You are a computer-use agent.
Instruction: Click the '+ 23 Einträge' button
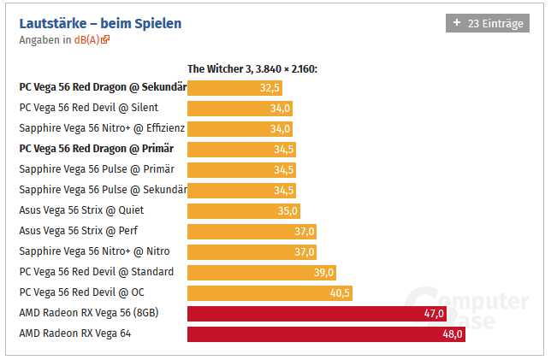click(487, 24)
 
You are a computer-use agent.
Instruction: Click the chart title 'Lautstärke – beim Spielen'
click(100, 23)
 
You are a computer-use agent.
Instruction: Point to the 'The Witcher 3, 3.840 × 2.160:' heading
click(252, 69)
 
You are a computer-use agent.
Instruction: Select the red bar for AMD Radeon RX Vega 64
click(325, 333)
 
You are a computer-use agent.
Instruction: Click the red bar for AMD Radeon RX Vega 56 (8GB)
click(317, 313)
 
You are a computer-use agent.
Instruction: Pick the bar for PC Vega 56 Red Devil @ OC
click(269, 292)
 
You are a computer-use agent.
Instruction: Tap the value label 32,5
click(269, 87)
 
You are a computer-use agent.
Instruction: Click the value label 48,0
click(453, 333)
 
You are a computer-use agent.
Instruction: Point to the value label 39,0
click(324, 272)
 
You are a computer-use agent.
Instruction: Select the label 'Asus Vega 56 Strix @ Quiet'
click(81, 210)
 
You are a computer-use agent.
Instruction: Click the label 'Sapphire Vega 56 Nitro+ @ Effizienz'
click(102, 128)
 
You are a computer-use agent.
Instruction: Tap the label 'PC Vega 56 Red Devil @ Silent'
click(88, 108)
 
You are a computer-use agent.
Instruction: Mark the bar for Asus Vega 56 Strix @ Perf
click(252, 231)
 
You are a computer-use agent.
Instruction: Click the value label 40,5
click(340, 292)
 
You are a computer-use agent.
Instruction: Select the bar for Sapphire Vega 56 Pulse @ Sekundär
click(241, 190)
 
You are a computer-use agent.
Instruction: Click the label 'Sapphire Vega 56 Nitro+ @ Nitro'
click(94, 251)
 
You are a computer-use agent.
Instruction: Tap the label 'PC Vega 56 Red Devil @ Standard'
click(96, 272)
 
